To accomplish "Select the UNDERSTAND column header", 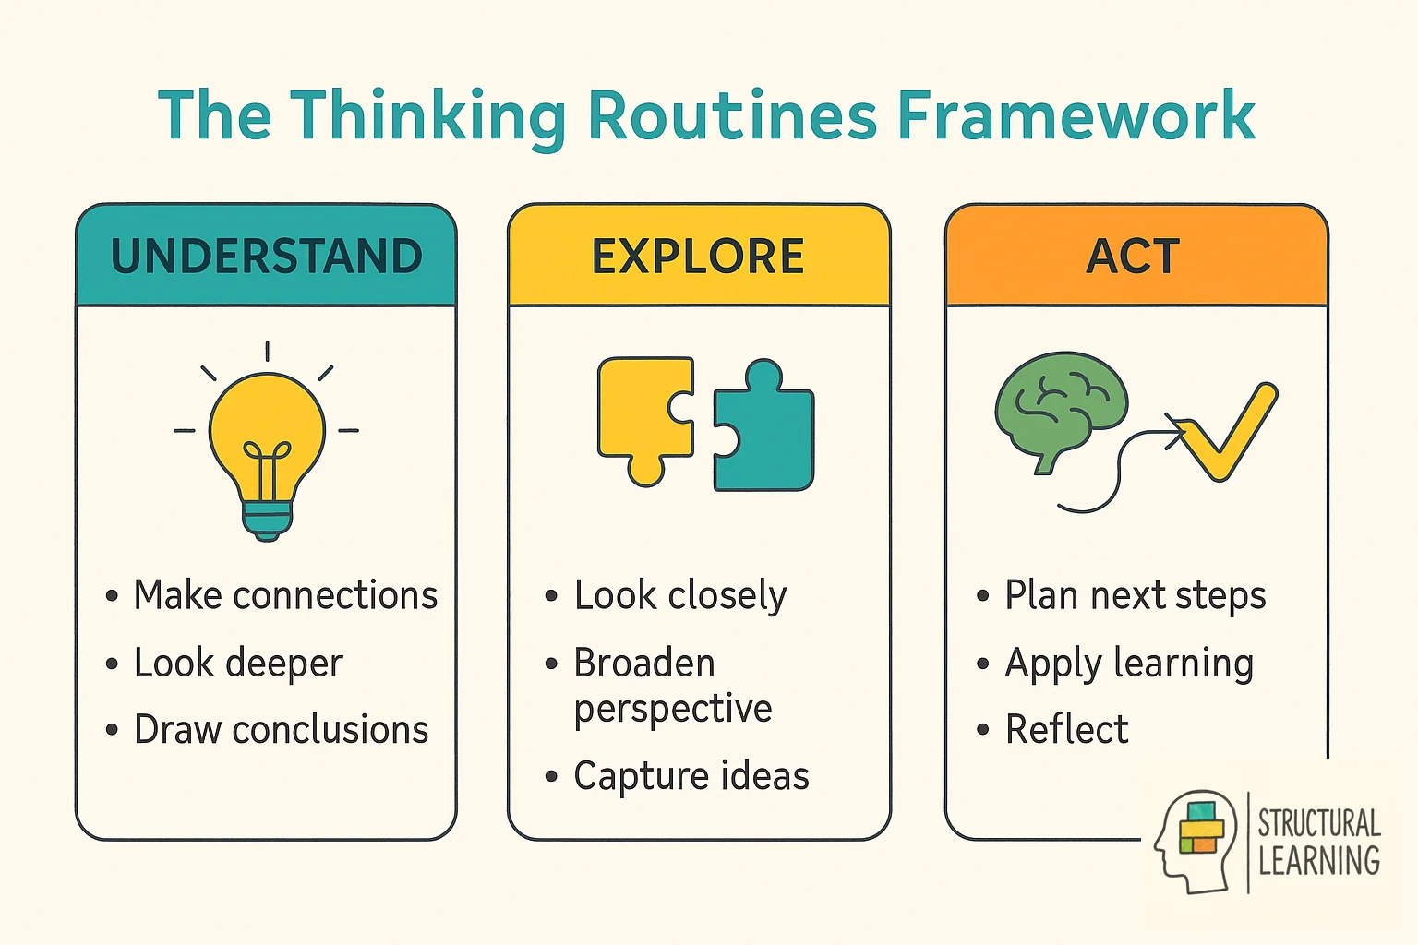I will click(266, 256).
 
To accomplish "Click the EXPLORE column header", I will click(698, 256).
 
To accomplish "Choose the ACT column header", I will click(1134, 256).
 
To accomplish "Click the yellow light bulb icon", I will click(267, 434).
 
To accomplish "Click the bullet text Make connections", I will click(284, 595).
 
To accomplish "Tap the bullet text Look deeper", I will click(238, 664).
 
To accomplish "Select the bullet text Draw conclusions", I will click(281, 730).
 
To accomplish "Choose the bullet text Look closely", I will click(680, 595).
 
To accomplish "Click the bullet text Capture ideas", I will click(691, 776).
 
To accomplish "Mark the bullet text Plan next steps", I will click(1135, 595).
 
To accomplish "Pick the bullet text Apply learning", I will click(1129, 664).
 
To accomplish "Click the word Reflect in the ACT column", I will click(1066, 730).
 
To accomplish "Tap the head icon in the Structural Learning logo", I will click(1195, 840).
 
